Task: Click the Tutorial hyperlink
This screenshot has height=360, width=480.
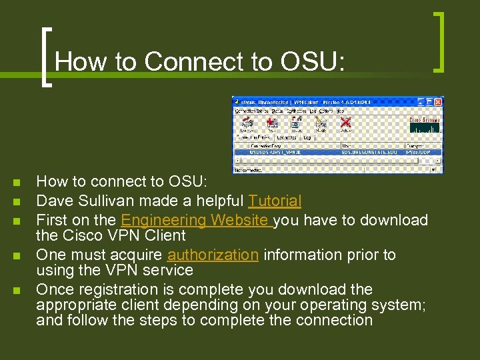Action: [275, 201]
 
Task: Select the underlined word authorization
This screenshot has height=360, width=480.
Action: [213, 255]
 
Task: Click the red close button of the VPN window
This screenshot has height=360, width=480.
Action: [438, 101]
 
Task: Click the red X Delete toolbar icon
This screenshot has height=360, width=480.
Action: [345, 123]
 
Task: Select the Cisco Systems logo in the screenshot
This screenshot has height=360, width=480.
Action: [424, 124]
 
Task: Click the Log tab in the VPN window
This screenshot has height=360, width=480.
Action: [307, 137]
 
